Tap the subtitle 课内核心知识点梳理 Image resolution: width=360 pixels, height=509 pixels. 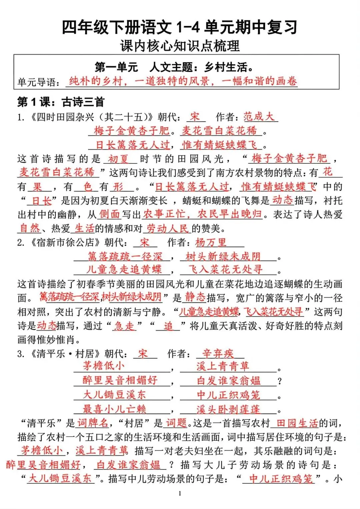coord(180,46)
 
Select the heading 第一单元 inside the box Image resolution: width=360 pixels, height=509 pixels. coord(116,67)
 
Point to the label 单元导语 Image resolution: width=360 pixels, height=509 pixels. coord(39,82)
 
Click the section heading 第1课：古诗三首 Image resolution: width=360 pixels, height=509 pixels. coord(61,102)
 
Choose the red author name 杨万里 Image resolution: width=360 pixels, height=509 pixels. coord(211,242)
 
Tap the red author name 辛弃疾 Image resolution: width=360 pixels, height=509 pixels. coord(218,353)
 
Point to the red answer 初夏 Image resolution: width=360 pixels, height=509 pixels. coord(118,159)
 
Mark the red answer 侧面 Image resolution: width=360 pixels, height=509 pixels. coord(109,214)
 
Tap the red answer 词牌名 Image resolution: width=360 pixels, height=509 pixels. coord(93,423)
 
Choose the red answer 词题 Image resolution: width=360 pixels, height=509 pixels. coord(176,423)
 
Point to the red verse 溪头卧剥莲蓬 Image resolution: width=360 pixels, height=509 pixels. coord(228,409)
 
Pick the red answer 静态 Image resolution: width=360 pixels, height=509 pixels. coord(195,297)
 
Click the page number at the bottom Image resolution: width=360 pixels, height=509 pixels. coord(180,493)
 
